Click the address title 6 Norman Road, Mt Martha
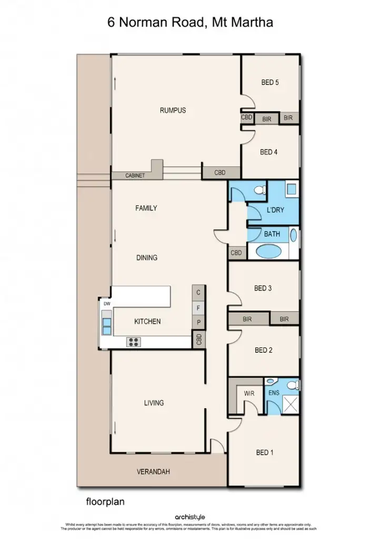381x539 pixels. tap(190, 22)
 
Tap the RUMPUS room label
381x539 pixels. tap(173, 111)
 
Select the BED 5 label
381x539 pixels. tap(269, 82)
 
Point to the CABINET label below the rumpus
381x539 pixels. tap(135, 176)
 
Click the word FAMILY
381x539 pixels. tap(146, 208)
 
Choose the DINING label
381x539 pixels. tap(147, 258)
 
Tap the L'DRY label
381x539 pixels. tap(275, 210)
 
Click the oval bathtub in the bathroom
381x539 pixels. tap(272, 251)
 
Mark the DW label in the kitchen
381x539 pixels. tap(107, 304)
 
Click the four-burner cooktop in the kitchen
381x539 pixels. tap(134, 342)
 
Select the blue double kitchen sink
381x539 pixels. tap(107, 326)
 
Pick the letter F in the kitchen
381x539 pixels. tap(198, 307)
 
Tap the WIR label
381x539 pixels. tap(249, 393)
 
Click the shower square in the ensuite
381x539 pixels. tap(290, 405)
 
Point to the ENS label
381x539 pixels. tap(274, 393)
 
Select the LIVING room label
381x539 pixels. tap(154, 403)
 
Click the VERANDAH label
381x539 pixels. tap(154, 472)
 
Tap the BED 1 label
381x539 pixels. tap(265, 453)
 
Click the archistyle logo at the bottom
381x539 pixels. tap(190, 517)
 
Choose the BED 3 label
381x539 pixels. tap(263, 288)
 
